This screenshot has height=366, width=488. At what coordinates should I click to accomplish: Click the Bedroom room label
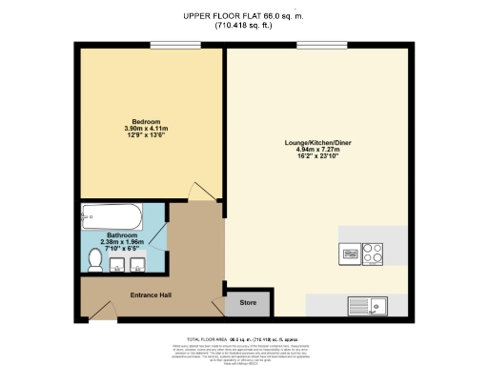click(x=146, y=122)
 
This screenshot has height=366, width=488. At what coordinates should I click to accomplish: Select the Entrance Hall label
click(x=150, y=295)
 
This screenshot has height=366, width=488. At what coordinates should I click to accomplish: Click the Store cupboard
click(x=248, y=304)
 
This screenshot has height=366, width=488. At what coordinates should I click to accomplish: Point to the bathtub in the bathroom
click(x=112, y=214)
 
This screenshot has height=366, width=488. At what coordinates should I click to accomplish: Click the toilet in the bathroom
click(x=95, y=258)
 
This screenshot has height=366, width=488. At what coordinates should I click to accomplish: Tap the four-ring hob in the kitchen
click(x=373, y=254)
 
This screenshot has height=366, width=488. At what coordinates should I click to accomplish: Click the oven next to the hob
click(x=349, y=254)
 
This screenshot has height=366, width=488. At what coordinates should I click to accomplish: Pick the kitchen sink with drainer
click(x=379, y=305)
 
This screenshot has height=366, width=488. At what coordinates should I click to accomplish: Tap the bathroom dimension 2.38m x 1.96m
click(x=122, y=241)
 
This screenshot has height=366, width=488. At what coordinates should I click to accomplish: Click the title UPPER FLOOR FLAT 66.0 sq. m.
click(x=244, y=15)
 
